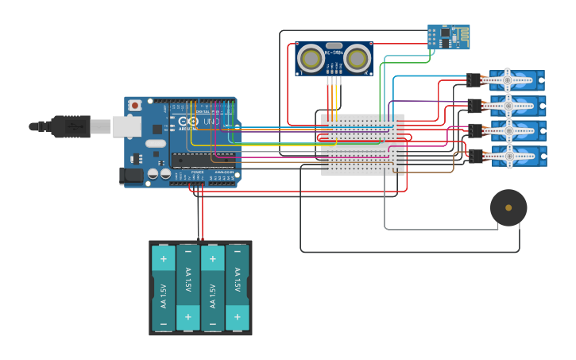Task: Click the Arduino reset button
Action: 135,105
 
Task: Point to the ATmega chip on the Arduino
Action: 202,159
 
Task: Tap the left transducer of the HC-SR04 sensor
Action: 311,58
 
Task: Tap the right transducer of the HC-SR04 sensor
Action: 358,58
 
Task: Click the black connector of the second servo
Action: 474,105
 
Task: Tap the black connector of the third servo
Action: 475,130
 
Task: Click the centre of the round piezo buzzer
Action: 508,207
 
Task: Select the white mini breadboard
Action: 362,144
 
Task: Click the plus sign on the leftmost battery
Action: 163,258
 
